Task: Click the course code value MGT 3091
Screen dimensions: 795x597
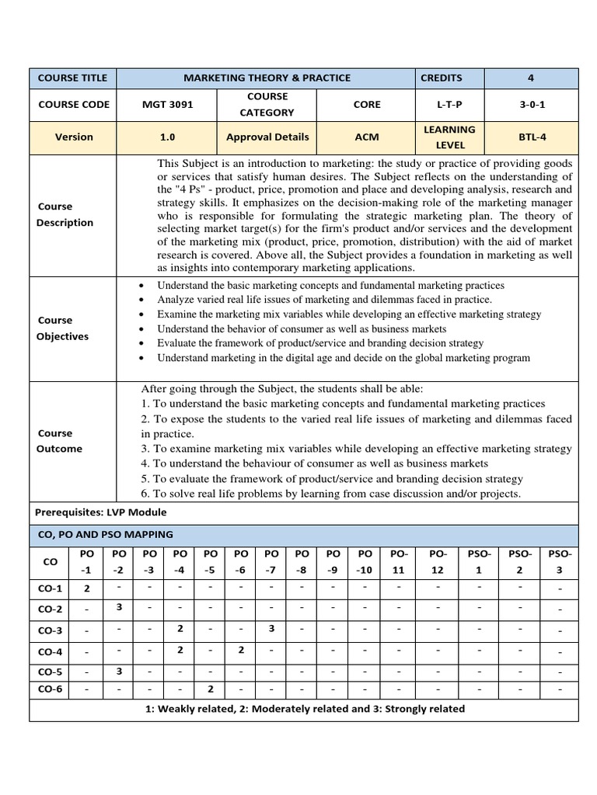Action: [167, 105]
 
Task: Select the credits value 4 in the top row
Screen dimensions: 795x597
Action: [531, 78]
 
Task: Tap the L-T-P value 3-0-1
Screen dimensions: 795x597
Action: [531, 105]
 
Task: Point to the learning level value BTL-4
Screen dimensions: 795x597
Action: [531, 137]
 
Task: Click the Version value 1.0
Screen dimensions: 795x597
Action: [167, 137]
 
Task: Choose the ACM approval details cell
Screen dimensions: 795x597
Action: [366, 137]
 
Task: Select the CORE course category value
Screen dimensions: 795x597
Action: [366, 105]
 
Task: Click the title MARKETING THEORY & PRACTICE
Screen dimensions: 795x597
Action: [267, 78]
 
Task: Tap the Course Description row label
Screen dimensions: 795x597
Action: [65, 214]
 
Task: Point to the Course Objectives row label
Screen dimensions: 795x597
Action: [62, 328]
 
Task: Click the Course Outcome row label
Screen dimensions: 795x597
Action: [59, 441]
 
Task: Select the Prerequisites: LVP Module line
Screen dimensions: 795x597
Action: [101, 512]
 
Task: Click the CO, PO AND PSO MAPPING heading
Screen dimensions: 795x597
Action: [105, 535]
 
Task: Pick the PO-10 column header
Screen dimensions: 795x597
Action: [365, 561]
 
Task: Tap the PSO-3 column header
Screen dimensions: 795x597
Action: [560, 561]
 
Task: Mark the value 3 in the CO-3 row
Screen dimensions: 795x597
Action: [271, 627]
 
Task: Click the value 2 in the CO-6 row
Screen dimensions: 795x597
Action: [210, 689]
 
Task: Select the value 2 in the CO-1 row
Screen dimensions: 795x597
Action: [87, 588]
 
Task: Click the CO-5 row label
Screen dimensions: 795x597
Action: [49, 672]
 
